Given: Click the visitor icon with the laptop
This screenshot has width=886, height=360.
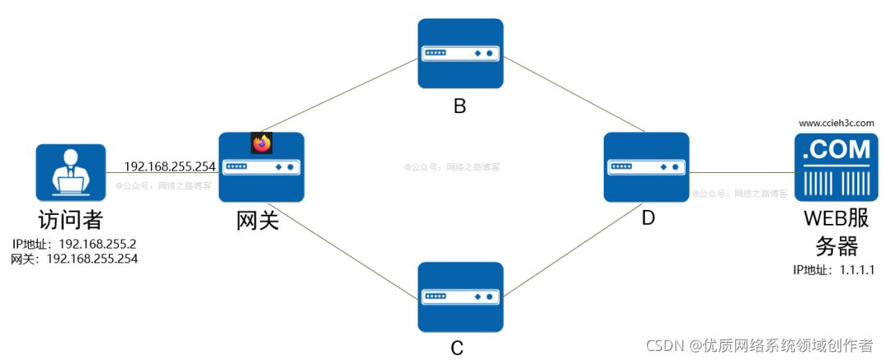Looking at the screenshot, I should coord(71,172).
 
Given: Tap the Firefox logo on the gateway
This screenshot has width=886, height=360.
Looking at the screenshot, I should coord(261,144).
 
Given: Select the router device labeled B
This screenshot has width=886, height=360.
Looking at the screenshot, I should coord(459,53).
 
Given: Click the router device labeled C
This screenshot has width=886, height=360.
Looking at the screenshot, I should coord(459,297).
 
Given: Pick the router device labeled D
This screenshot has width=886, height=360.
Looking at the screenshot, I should coord(646,167).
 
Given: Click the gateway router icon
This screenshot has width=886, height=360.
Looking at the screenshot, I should coord(262,168).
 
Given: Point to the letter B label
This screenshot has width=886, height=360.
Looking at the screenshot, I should coord(459,106).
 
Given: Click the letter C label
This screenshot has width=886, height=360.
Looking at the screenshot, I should coord(458,348).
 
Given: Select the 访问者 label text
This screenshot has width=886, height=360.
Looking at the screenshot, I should coord(71,221).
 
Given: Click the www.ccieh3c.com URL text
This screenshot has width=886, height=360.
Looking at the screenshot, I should coord(836,123).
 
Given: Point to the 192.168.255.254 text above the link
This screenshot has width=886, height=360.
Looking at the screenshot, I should coord(170,166).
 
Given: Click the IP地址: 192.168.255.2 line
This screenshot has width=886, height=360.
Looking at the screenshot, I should coord(74,244).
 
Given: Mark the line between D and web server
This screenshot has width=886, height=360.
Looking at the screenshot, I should coord(742,173).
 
